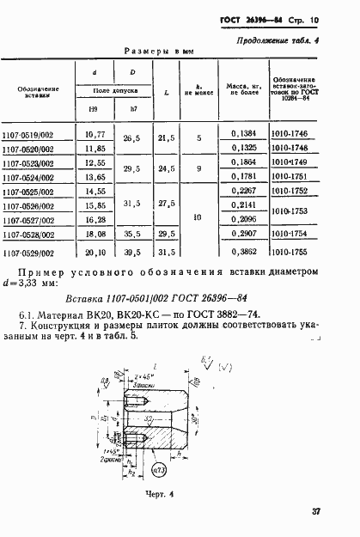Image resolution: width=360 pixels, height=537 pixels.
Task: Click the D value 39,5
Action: [x=131, y=253]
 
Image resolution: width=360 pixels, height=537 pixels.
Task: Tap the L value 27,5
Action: [x=167, y=204]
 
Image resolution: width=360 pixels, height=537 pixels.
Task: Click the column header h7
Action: [x=132, y=109]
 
